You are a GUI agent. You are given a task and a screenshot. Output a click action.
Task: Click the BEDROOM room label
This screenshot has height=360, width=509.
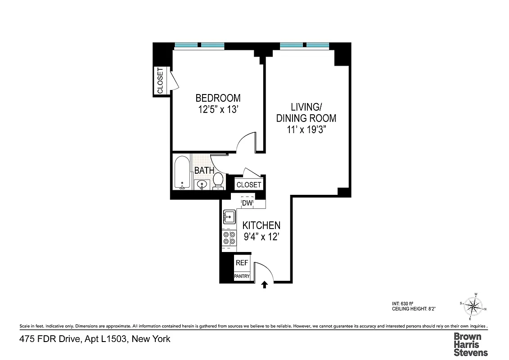click(217, 98)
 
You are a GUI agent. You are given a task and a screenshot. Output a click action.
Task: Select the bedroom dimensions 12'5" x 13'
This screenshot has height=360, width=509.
click(217, 110)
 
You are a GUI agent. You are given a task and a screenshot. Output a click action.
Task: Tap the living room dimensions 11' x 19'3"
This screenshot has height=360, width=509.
click(306, 130)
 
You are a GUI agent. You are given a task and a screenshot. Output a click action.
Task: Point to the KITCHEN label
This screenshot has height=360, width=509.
click(261, 225)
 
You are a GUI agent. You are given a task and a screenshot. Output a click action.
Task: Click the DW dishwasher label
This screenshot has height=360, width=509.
click(247, 203)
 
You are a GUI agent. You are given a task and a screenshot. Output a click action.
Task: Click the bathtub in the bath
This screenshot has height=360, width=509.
click(182, 173)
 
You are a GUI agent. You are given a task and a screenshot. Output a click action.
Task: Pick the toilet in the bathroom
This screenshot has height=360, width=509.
click(218, 181)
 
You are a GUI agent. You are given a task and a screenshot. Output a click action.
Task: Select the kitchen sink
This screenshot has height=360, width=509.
click(229, 217)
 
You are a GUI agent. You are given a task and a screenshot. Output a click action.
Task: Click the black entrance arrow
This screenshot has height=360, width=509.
click(265, 284)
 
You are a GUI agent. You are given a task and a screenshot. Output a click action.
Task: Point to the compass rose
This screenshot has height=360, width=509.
click(473, 307)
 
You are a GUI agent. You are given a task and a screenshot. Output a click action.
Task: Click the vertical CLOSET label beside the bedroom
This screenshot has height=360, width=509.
click(160, 81)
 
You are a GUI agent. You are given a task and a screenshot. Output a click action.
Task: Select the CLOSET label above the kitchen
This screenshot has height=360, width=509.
click(248, 185)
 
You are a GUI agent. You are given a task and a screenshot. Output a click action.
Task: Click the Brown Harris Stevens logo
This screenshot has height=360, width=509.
click(470, 344)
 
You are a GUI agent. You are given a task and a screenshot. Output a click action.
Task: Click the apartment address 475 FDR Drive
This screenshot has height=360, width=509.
click(95, 339)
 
